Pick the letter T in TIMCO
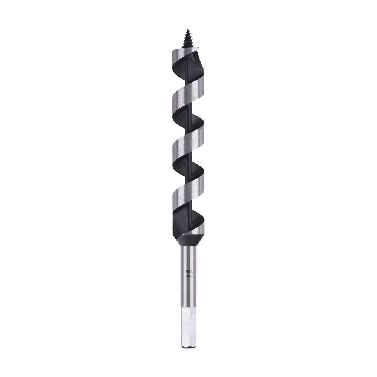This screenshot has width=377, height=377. (x=186, y=271)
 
